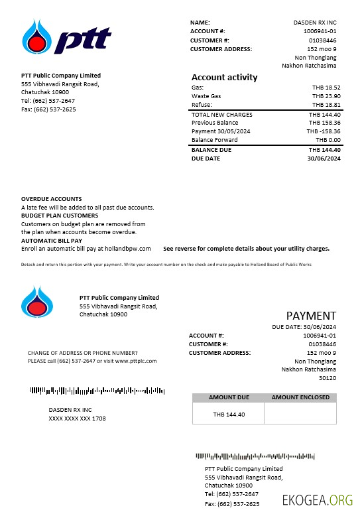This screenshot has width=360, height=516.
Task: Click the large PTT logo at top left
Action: coord(65,37)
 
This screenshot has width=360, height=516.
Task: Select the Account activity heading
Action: coord(224,77)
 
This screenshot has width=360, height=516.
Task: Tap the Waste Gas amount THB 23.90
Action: coord(326,96)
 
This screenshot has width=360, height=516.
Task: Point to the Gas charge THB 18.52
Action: coord(326,88)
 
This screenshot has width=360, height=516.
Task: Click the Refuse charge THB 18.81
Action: coord(326,105)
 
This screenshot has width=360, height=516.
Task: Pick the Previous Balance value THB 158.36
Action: coord(324,123)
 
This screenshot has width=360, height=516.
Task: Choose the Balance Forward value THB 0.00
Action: coord(328,140)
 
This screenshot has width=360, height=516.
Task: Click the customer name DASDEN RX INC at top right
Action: coord(315,23)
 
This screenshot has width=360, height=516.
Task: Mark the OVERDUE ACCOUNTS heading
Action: coord(52,199)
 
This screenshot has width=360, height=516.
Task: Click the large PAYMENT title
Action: coord(311,316)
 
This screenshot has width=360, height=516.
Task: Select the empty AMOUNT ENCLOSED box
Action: coord(300,414)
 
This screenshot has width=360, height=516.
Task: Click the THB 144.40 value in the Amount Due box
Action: coord(229,415)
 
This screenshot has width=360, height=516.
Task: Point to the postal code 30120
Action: coord(328,378)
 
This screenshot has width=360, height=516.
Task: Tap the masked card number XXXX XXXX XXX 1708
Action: coord(77,419)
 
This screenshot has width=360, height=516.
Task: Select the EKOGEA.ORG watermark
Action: coord(318,500)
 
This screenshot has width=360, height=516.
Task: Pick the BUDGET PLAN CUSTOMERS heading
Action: coord(60,216)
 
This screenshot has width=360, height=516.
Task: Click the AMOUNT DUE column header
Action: coord(229,397)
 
